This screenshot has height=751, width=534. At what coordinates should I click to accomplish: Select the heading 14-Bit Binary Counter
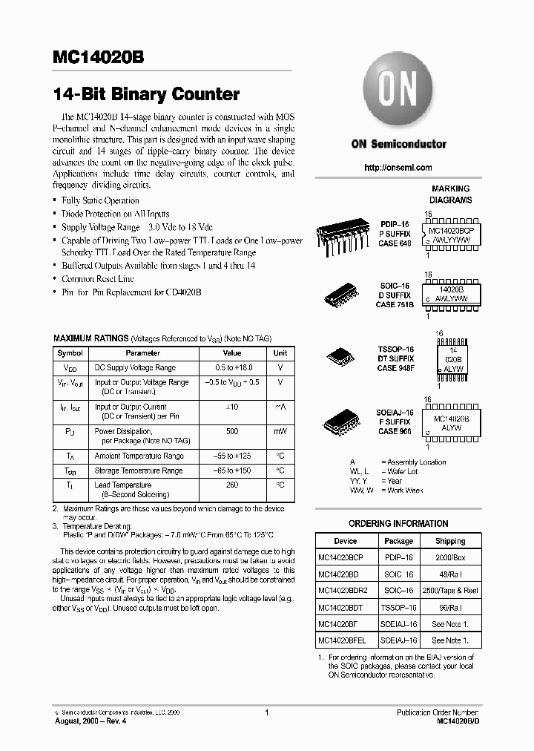pos(146,94)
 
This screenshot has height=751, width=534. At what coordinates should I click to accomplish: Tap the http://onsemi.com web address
pos(398,168)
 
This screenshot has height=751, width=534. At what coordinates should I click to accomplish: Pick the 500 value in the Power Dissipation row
pos(232,431)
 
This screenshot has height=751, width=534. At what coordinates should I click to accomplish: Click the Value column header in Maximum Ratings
pos(232,353)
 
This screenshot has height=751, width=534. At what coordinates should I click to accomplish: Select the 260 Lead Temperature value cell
pos(232,485)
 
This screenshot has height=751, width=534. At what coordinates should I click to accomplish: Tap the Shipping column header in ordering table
pos(450,541)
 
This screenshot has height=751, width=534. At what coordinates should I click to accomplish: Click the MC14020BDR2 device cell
pos(346,591)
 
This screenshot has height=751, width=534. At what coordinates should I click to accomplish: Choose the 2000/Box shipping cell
pos(450,557)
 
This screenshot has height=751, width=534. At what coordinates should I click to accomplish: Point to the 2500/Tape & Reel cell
pos(450,591)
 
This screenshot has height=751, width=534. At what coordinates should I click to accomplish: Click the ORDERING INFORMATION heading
pos(398,523)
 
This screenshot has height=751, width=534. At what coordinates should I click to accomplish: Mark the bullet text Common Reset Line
pos(98,278)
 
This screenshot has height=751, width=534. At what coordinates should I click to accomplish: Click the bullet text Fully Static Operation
pos(100,200)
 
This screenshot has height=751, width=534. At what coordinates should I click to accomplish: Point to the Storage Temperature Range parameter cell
pos(139,470)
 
